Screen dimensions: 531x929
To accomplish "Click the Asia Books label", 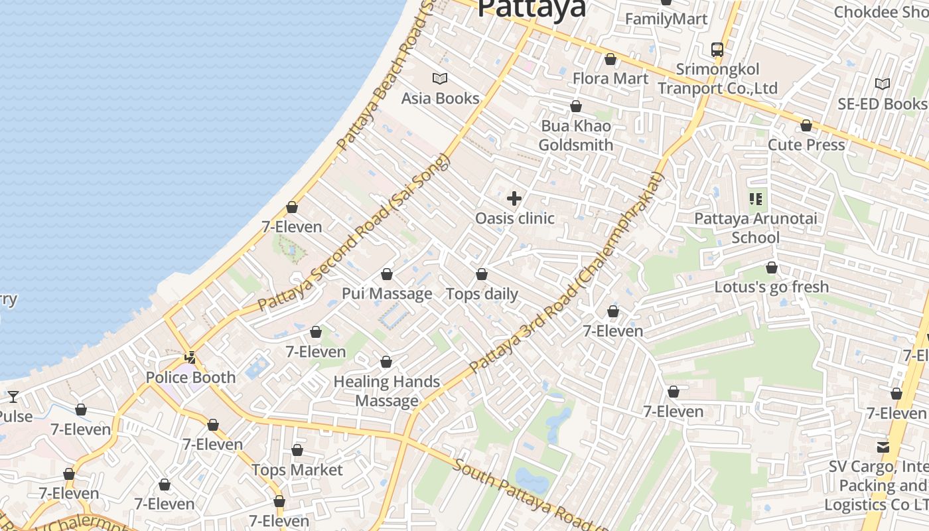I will coord(440,98).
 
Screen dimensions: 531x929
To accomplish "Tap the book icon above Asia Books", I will coord(440,79).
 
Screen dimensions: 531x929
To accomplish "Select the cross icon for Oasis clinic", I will coord(514,198).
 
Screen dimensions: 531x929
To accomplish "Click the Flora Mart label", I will coord(610,78).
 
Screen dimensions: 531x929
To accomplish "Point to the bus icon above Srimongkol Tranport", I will coord(717,49).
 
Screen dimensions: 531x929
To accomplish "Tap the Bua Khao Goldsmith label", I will coord(575,135).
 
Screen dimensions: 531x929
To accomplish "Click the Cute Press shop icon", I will coord(806,125).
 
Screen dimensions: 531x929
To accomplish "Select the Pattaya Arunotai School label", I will coord(756,228).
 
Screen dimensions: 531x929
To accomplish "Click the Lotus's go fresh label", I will coord(772,287).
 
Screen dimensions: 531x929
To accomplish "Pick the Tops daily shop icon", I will coord(482,274).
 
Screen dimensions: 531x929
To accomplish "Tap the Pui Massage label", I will coord(387,293).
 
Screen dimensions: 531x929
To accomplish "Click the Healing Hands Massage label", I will coord(387,391).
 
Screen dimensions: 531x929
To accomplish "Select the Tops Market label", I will coord(297,470).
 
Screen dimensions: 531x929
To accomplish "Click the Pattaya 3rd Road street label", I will coord(567,272).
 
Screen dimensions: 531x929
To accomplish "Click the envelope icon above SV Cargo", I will coord(883,447).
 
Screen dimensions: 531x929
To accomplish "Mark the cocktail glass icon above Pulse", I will coord(13,397).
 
